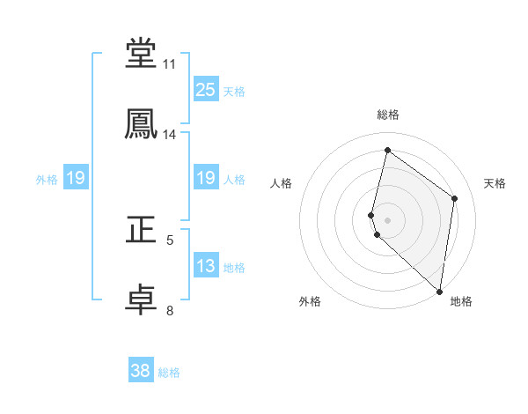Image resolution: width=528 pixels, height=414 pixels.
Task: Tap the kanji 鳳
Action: pos(142,123)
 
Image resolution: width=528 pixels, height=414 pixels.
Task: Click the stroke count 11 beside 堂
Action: pos(170,64)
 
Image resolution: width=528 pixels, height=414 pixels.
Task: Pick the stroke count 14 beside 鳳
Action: pos(170,135)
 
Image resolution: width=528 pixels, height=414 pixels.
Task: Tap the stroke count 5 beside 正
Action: pos(170,240)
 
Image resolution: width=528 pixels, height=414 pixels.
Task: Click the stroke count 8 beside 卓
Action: pos(170,310)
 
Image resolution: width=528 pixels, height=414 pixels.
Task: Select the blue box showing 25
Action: pos(206,89)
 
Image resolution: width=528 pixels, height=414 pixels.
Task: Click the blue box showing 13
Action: pos(206,266)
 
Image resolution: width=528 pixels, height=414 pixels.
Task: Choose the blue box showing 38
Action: pos(141,371)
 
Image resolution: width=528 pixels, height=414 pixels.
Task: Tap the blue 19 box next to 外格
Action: pos(76,178)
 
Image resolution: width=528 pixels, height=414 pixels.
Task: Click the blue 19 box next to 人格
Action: pos(206,178)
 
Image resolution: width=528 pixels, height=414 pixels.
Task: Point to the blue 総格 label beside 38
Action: pos(169,373)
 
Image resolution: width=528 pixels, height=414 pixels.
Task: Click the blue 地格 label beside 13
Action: pos(234,268)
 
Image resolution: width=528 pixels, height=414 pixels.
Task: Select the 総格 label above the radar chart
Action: pos(388,115)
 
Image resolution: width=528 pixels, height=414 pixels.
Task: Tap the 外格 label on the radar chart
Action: pos(310,301)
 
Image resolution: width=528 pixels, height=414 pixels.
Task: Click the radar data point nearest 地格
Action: pos(439,291)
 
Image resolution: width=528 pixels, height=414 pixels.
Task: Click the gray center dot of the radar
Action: pos(388,219)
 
